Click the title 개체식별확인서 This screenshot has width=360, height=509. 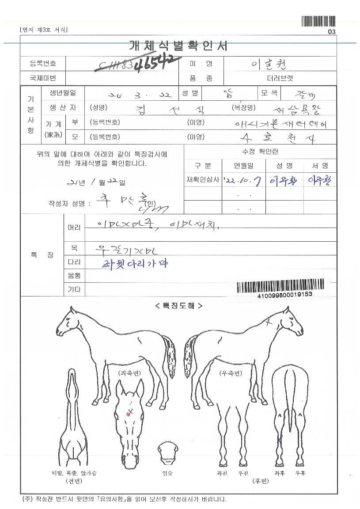pos(178,46)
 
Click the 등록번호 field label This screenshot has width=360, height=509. pos(43,64)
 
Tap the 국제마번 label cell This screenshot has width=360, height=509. pos(43,78)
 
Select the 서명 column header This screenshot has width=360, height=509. pos(319,166)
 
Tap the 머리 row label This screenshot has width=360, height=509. pos(74,228)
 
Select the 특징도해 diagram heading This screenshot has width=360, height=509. pos(178,305)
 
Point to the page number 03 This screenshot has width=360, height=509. pos(332,32)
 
